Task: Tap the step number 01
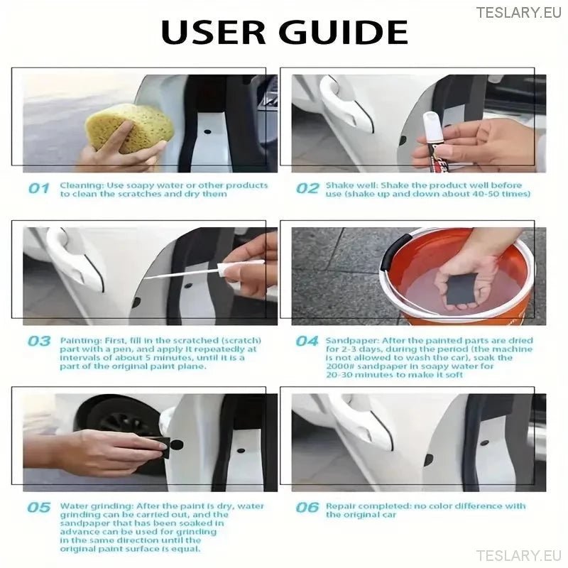(39, 189)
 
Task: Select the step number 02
(307, 189)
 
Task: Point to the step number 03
(39, 341)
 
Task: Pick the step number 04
(307, 341)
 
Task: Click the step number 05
(39, 507)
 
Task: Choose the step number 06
(307, 507)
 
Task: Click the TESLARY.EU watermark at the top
(518, 12)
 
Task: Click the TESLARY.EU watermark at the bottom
(518, 555)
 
